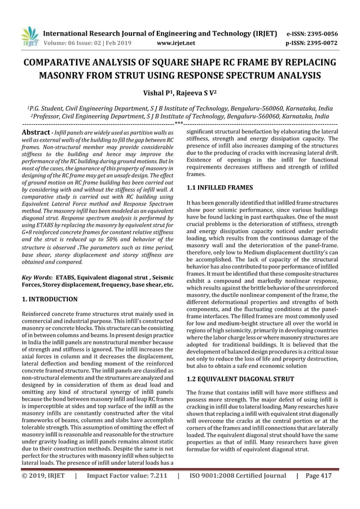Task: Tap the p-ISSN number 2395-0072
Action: [x=318, y=42]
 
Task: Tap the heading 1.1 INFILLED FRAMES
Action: [x=219, y=186]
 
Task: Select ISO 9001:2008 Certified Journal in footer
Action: [x=237, y=490]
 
